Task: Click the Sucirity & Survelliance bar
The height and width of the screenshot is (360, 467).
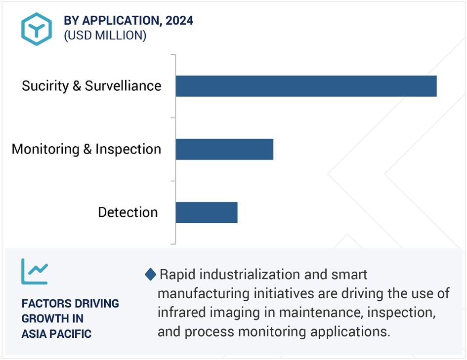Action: coord(306,86)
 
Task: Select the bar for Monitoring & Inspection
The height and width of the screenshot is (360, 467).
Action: coord(224,149)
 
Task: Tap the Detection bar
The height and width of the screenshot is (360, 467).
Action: coord(207,212)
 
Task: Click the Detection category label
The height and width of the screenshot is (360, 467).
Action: coord(128,212)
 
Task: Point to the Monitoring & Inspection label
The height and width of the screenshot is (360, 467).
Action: coord(86,149)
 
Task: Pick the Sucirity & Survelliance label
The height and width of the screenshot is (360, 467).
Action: coord(91,86)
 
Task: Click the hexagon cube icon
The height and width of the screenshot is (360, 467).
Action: coord(37,29)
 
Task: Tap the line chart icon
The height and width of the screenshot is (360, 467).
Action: coord(35,271)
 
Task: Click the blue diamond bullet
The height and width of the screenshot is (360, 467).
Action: coord(150,274)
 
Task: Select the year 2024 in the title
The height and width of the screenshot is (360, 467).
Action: coord(179,21)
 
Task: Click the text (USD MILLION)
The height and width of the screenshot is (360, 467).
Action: coord(105,36)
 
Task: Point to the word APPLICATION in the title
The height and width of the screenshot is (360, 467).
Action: coord(122,21)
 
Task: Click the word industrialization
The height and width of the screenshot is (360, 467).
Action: coord(250,274)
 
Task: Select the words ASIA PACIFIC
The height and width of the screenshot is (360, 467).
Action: coord(56,334)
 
